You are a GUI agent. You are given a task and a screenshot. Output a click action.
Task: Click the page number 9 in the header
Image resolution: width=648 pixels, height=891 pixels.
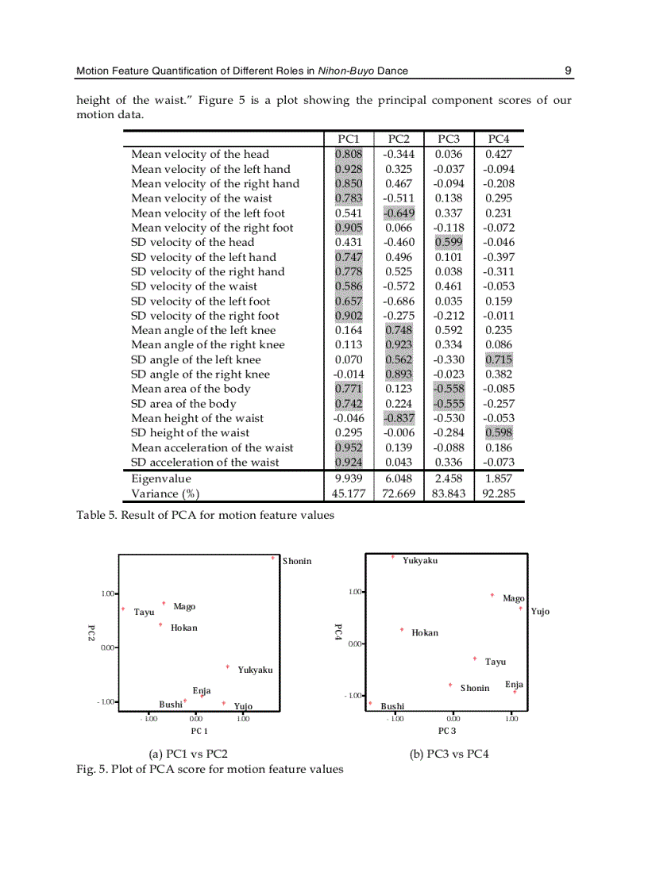pyautogui.click(x=568, y=71)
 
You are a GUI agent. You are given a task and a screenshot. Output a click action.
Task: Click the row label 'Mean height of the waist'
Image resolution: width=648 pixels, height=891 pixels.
pyautogui.click(x=197, y=418)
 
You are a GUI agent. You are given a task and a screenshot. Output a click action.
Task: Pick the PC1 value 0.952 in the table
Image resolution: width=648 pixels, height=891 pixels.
pyautogui.click(x=349, y=447)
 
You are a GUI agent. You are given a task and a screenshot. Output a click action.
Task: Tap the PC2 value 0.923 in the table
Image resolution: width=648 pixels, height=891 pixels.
pyautogui.click(x=399, y=345)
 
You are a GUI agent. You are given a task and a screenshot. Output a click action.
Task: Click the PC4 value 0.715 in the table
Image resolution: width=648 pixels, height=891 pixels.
pyautogui.click(x=498, y=359)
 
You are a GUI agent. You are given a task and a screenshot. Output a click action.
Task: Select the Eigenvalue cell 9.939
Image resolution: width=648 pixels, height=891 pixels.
pyautogui.click(x=349, y=478)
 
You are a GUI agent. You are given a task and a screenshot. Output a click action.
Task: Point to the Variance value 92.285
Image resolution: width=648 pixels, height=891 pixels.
pyautogui.click(x=498, y=494)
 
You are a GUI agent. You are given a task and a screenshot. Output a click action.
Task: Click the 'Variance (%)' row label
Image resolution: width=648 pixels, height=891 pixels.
pyautogui.click(x=164, y=494)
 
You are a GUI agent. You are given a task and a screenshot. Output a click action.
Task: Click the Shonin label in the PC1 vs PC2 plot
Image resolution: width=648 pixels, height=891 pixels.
pyautogui.click(x=297, y=562)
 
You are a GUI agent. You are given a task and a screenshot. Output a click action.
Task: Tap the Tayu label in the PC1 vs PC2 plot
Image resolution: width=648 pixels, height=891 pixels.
pyautogui.click(x=144, y=613)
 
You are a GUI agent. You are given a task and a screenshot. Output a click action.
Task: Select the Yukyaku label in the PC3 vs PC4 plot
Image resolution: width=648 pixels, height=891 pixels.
pyautogui.click(x=419, y=561)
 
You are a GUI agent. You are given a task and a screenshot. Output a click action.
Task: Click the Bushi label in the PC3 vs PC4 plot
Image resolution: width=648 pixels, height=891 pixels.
pyautogui.click(x=392, y=706)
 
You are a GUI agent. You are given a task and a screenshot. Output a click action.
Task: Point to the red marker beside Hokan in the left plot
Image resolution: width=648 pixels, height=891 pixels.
pyautogui.click(x=160, y=625)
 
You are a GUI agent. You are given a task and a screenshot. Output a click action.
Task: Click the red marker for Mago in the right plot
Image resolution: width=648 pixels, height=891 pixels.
pyautogui.click(x=492, y=595)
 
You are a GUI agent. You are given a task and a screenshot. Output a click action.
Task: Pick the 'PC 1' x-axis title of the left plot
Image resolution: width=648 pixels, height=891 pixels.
pyautogui.click(x=199, y=730)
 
